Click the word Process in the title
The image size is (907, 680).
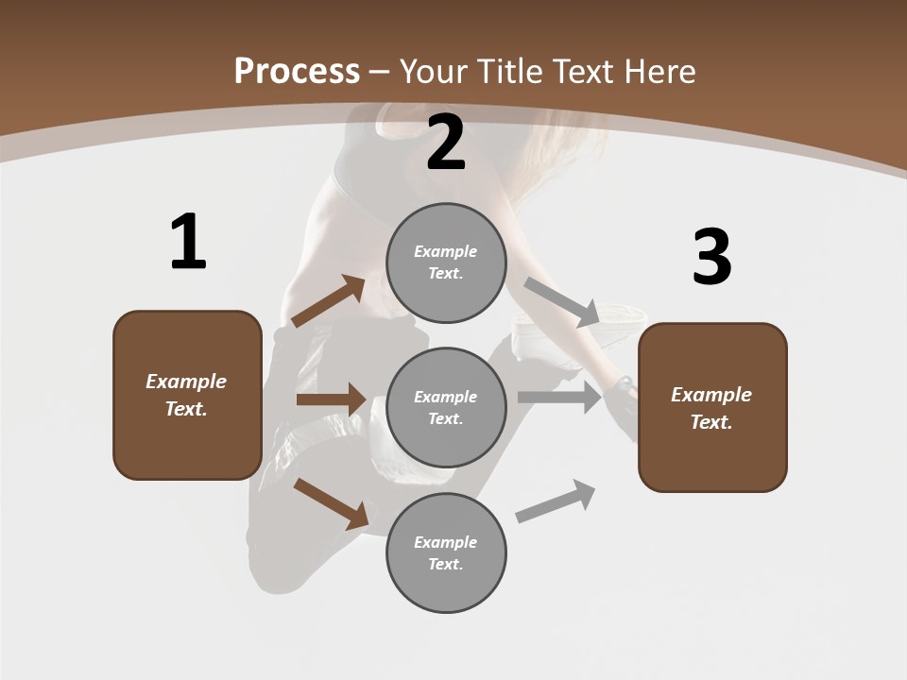tap(297, 72)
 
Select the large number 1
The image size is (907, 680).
tap(188, 243)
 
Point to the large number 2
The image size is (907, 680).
tap(446, 144)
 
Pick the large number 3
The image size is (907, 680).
tap(711, 258)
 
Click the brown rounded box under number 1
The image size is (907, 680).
tap(187, 395)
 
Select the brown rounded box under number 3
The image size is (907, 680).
tap(712, 408)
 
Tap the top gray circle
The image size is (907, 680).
tap(446, 263)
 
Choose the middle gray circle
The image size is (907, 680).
tap(446, 408)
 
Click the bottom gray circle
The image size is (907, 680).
tap(446, 553)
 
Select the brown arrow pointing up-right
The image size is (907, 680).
tap(328, 301)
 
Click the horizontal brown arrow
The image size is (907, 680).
tap(331, 399)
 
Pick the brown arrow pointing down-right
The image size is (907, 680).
tap(331, 503)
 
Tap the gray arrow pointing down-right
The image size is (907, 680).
tap(561, 301)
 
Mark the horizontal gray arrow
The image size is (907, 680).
tap(559, 398)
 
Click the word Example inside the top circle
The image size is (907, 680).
tap(446, 252)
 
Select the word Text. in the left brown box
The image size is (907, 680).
tap(186, 409)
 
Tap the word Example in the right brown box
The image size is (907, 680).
tap(711, 395)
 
